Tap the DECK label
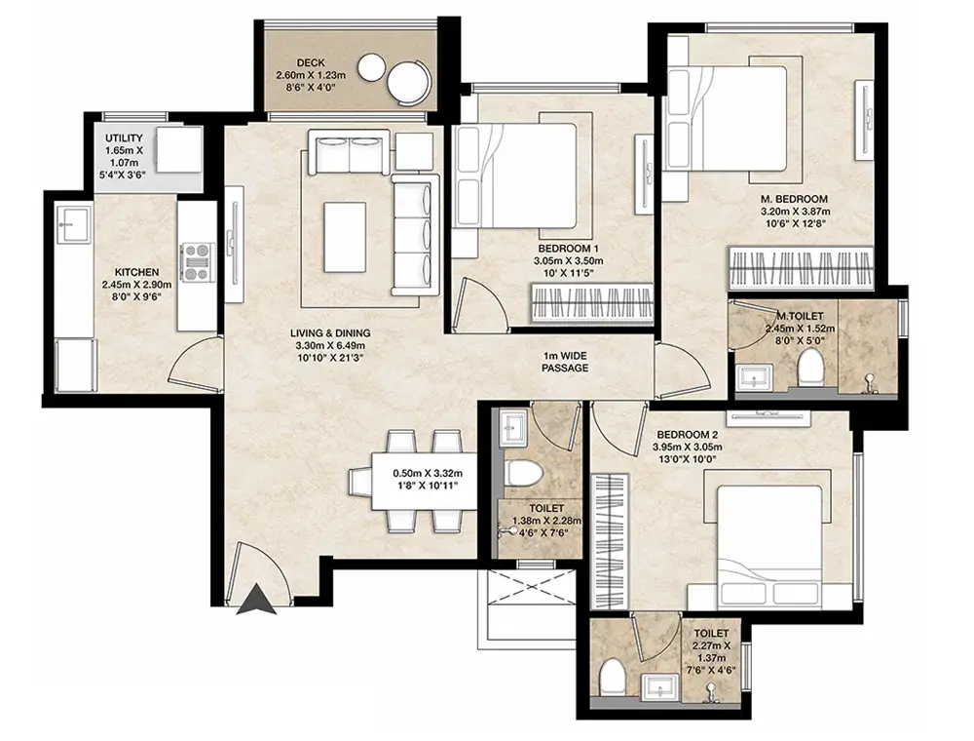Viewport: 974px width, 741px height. [x=311, y=62]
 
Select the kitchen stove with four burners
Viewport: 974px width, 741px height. [x=197, y=260]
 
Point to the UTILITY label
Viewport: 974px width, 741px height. [x=124, y=138]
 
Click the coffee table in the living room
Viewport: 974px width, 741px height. [x=345, y=238]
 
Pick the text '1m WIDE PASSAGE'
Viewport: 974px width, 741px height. [x=565, y=362]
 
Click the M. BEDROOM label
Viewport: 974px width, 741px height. [x=794, y=199]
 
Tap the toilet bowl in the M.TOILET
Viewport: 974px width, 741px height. [x=810, y=367]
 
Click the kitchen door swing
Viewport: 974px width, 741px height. [x=195, y=363]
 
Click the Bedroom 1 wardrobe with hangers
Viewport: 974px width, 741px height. [x=592, y=304]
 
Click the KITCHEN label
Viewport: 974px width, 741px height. [x=136, y=272]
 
